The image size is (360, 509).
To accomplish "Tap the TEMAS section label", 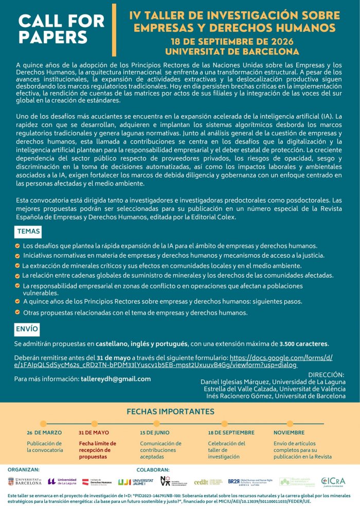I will click(x=28, y=231).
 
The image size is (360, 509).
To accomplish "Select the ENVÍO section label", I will click(x=27, y=327).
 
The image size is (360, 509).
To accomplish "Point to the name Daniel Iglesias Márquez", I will click(x=235, y=382).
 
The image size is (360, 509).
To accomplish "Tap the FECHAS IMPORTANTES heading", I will click(x=170, y=411).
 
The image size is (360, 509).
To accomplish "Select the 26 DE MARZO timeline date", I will click(x=44, y=433).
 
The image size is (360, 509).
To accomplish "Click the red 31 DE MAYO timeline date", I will click(x=94, y=433).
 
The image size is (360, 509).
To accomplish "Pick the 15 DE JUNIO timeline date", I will click(x=154, y=433).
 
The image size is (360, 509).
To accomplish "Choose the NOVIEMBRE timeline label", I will click(x=289, y=433).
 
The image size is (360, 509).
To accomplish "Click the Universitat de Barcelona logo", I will click(x=25, y=482).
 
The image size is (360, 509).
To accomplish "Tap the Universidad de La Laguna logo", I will click(x=62, y=481).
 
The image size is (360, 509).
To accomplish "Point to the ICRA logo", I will click(x=333, y=482).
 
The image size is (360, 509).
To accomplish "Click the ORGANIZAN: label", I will click(x=24, y=469).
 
